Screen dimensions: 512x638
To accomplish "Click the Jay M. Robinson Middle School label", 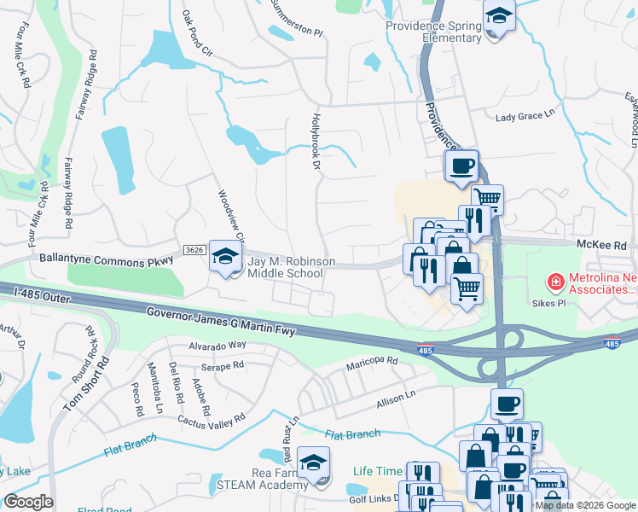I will click(285, 267).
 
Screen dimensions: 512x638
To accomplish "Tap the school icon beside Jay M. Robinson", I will click(225, 258).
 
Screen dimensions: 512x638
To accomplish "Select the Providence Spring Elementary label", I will click(432, 32).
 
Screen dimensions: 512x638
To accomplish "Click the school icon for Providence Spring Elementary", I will click(498, 16).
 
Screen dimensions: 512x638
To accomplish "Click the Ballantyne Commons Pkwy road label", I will click(108, 256).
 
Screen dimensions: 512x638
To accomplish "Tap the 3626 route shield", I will click(194, 249).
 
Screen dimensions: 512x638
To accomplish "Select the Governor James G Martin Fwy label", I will click(220, 323).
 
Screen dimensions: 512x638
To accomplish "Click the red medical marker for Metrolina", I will click(555, 280).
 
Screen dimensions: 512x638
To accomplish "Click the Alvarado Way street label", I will click(217, 345).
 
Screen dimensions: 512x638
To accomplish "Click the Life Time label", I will click(376, 470).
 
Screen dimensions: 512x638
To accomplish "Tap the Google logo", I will click(28, 502).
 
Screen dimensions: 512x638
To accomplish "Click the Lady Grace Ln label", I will click(525, 117).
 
